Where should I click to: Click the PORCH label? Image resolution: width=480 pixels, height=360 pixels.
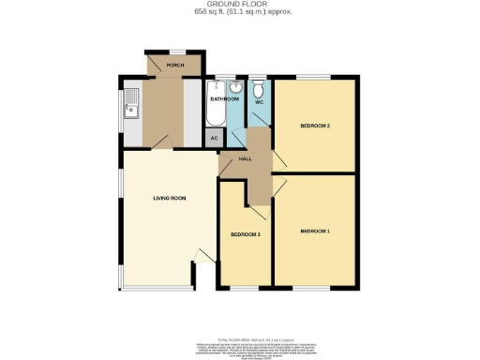tap(174, 66)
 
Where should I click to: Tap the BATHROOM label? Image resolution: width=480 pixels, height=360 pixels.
tap(224, 97)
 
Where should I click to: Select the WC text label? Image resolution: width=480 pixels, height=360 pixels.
tap(259, 101)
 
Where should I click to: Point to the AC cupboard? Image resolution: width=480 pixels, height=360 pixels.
tap(215, 137)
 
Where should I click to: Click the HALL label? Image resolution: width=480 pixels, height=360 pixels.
tap(246, 158)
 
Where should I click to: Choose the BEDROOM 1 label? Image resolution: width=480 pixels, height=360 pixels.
tap(315, 231)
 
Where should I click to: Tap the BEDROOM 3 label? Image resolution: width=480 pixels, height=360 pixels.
tap(246, 233)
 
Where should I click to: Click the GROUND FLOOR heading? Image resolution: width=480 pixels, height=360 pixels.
tap(239, 5)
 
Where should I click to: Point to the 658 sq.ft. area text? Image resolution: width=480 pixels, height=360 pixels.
tap(239, 12)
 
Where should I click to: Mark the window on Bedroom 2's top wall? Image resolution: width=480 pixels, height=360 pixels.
tap(314, 76)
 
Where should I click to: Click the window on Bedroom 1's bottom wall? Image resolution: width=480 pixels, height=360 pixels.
tap(314, 287)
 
